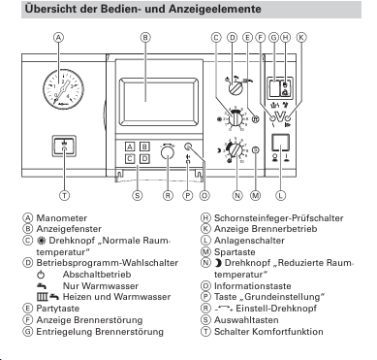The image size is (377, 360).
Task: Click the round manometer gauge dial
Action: tap(63, 88)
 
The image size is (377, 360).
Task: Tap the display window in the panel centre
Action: tap(159, 102)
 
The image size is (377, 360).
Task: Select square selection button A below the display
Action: tap(130, 147)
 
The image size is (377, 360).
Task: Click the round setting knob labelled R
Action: tap(167, 152)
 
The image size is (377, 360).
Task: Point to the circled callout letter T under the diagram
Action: tap(65, 195)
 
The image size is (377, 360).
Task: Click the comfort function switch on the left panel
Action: tap(64, 147)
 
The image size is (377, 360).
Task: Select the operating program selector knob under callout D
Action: tap(236, 87)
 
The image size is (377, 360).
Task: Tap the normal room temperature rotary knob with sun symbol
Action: tap(236, 118)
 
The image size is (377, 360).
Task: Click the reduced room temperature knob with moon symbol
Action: tap(236, 149)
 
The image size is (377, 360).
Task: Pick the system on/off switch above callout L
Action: tap(280, 143)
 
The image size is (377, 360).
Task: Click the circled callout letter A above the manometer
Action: tap(58, 37)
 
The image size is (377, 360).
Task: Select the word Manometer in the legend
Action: tap(62, 218)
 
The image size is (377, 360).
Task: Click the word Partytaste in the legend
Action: tap(58, 309)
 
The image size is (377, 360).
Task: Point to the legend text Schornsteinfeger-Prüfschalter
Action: tap(279, 218)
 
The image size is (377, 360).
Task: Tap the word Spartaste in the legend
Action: tap(235, 252)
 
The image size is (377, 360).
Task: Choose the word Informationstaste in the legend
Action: tap(253, 286)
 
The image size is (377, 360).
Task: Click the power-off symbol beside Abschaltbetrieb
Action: tap(41, 275)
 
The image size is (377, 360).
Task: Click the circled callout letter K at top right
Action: tap(301, 37)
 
